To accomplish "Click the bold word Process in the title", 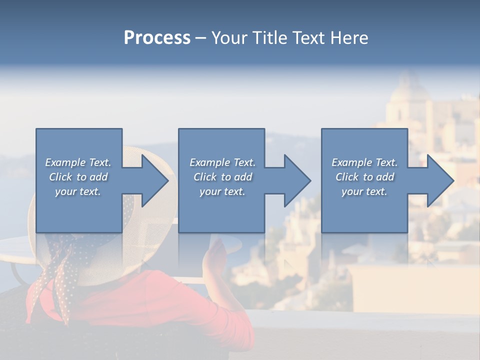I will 157,38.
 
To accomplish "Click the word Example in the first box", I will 65,162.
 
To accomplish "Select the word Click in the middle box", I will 205,177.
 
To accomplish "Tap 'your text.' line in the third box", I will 364,191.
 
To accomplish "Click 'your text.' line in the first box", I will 78,191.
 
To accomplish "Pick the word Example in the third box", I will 352,162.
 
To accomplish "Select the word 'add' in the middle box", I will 243,177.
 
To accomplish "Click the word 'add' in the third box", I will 385,177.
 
